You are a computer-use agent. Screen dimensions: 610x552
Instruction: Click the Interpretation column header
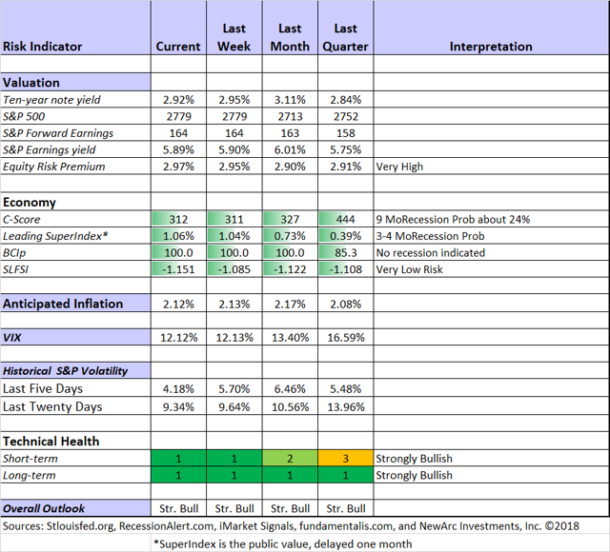tap(491, 47)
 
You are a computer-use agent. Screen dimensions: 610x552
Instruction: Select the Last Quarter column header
tap(345, 37)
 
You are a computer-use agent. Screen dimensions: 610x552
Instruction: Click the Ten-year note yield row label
tap(51, 100)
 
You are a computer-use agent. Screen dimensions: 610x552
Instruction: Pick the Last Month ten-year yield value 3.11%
tap(290, 100)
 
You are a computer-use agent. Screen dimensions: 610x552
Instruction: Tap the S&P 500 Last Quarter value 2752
tap(346, 116)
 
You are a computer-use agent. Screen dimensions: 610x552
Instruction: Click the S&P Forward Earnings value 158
tap(346, 133)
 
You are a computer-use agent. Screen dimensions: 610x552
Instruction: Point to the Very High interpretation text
tap(399, 167)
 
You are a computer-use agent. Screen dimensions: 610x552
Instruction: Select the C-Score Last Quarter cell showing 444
tap(345, 220)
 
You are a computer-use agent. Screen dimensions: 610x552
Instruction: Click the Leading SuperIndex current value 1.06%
tap(178, 236)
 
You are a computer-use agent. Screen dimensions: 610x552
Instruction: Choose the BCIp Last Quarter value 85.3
tap(345, 253)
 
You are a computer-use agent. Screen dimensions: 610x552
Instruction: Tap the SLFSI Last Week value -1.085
tap(234, 269)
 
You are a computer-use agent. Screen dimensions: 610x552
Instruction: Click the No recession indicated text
tap(431, 253)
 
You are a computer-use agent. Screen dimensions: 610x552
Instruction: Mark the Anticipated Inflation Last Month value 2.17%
tap(290, 305)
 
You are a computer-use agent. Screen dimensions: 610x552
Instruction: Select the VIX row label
tap(12, 338)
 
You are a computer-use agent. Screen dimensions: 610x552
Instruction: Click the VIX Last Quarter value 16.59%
tap(346, 338)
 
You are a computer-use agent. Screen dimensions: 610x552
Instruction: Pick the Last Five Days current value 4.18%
tap(178, 389)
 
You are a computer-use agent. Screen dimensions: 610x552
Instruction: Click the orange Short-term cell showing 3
tap(345, 459)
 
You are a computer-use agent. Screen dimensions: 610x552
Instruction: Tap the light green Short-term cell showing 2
tap(290, 459)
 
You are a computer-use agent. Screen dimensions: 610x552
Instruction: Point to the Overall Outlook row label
tap(44, 508)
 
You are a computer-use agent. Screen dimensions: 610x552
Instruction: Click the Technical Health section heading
tap(51, 442)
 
